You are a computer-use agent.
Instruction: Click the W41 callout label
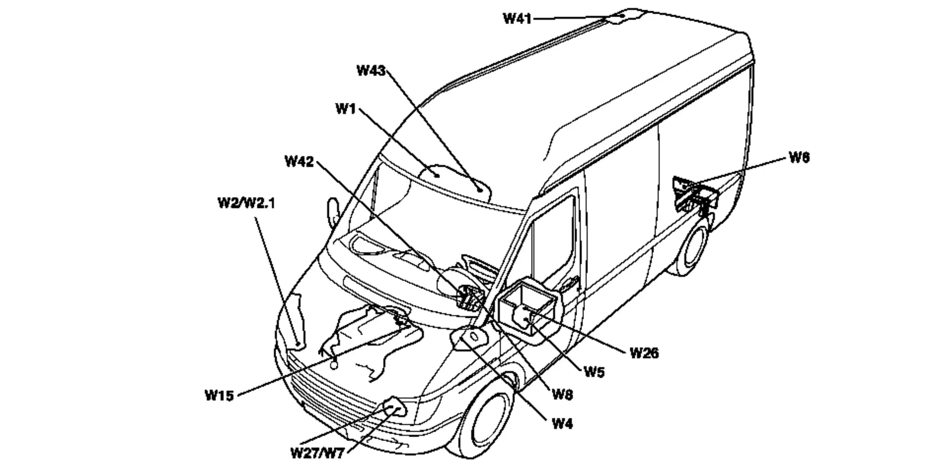point(517,19)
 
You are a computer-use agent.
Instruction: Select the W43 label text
point(371,71)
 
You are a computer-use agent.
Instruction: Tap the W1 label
point(345,109)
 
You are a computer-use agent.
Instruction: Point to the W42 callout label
point(299,162)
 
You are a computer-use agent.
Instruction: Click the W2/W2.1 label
point(246,203)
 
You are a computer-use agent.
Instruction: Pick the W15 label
point(219,395)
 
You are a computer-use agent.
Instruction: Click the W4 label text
point(562,424)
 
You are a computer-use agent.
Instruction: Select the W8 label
point(562,394)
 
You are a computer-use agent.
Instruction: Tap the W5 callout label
point(594,372)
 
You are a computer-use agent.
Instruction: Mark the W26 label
point(644,353)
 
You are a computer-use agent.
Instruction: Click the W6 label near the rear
point(799,157)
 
